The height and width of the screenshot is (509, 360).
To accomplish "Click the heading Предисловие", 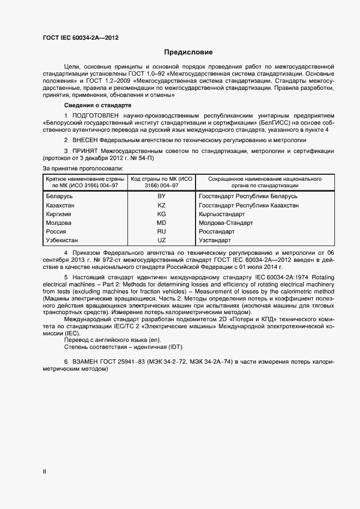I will [x=188, y=52].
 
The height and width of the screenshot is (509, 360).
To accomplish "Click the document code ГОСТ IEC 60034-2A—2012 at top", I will [x=81, y=38].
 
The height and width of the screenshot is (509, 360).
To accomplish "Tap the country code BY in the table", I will [x=161, y=196].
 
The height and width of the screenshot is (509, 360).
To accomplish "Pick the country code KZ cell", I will [x=161, y=205].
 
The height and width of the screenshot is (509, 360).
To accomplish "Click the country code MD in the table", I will [x=161, y=223].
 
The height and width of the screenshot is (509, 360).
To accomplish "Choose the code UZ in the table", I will [x=161, y=240].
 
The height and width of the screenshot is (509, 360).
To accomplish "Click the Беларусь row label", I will [x=59, y=196].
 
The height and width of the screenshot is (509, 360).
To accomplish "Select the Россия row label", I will [x=57, y=231].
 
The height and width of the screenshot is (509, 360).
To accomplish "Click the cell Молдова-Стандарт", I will [x=226, y=223].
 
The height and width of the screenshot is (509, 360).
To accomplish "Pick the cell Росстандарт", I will [x=217, y=231].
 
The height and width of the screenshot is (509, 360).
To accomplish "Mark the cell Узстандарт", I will [x=215, y=240].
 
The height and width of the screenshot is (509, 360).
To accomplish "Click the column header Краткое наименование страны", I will [x=86, y=179].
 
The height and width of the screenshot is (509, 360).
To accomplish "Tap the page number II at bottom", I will [x=44, y=471].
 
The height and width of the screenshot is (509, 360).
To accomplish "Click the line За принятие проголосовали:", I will [x=83, y=168].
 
